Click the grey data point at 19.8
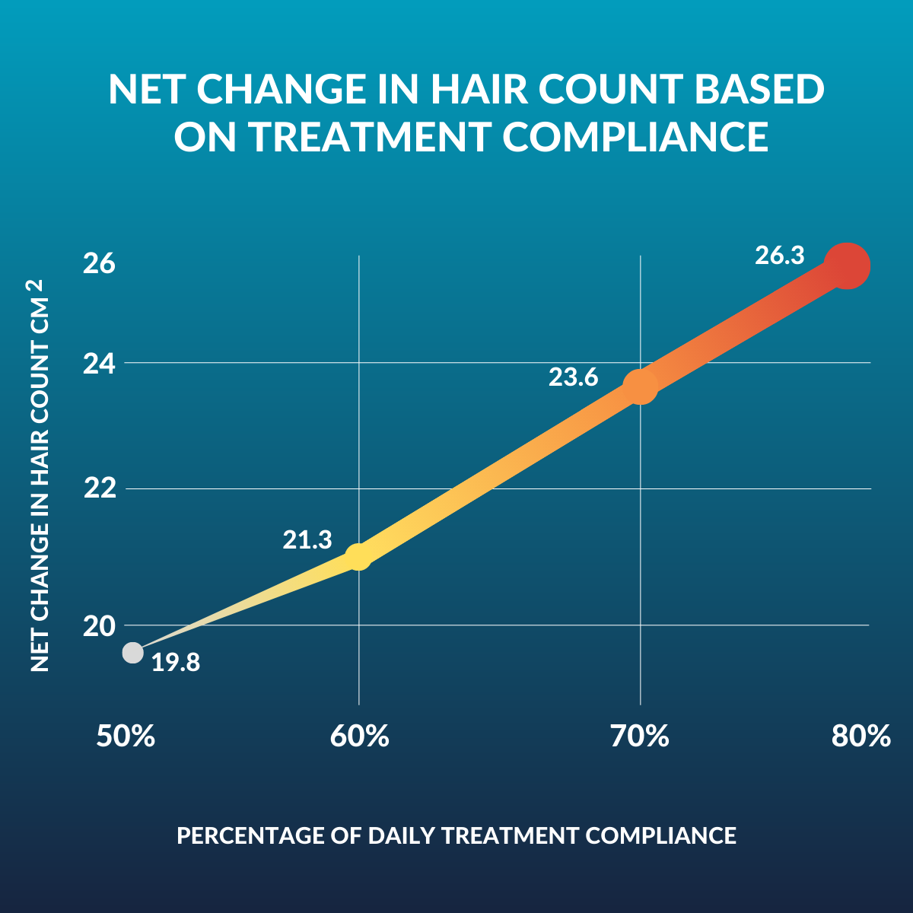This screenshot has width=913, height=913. (133, 653)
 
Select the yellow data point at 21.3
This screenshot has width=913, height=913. (358, 556)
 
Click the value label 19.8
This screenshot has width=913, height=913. (176, 663)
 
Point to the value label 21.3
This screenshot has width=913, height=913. (307, 540)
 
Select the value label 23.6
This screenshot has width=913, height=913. (574, 377)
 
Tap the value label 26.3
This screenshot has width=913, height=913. (779, 256)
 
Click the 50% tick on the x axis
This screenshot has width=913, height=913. (126, 736)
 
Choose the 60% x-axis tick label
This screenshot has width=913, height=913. (359, 736)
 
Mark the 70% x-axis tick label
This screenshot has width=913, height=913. (640, 736)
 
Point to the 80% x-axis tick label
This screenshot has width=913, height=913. (861, 736)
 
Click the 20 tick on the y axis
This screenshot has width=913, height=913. (99, 626)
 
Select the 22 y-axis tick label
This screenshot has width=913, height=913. (99, 488)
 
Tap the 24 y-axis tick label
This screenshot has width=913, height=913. (99, 363)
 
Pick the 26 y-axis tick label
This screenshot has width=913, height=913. (99, 263)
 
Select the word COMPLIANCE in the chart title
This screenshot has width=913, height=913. (635, 137)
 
